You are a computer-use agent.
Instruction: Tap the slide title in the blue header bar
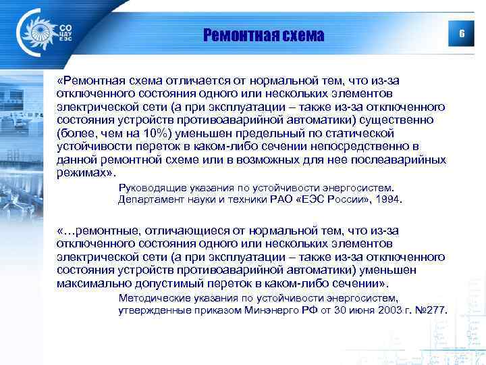[x=264, y=34]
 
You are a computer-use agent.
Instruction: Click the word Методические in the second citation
[x=151, y=297]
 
